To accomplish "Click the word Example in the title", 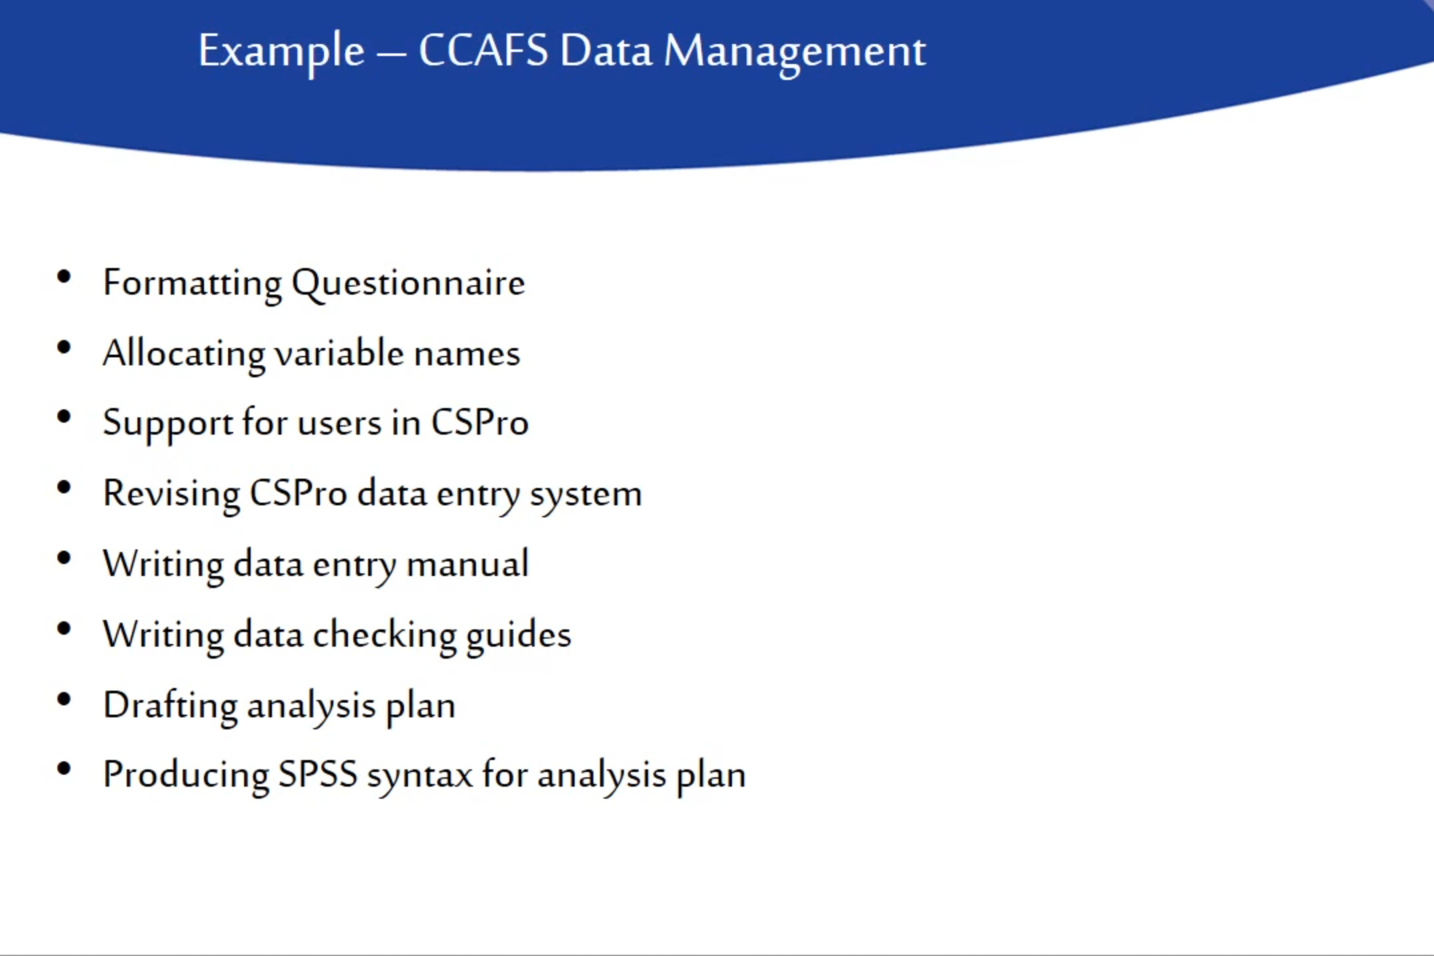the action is coord(281,52).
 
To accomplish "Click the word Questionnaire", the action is coord(408,284).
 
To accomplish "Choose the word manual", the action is coord(467,564).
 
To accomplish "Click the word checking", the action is coord(385,636).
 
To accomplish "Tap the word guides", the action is coord(518,636).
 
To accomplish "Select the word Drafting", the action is coord(170,707).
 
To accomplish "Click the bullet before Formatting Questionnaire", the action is coord(64,277).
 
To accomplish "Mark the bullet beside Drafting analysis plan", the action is coord(64,699).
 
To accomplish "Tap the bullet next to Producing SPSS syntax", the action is coord(64,769).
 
